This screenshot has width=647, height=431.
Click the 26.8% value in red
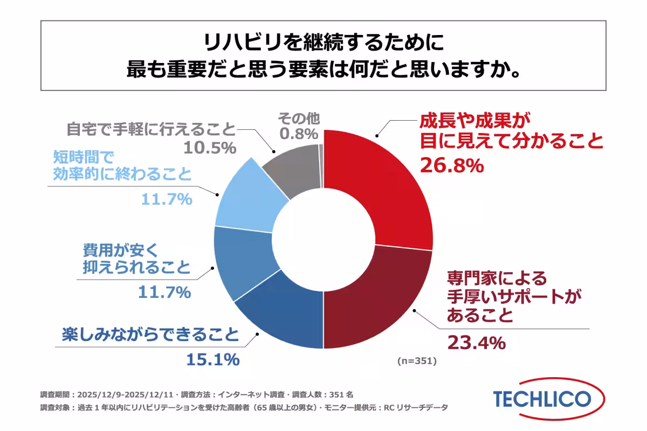(451, 166)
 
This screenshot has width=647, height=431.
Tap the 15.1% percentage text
(213, 359)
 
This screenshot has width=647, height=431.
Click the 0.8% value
(297, 132)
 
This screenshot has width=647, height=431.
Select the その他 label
(297, 117)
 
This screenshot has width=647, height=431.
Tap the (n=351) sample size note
(416, 360)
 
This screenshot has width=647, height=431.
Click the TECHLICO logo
(542, 399)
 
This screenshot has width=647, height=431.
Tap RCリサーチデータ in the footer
(415, 407)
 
